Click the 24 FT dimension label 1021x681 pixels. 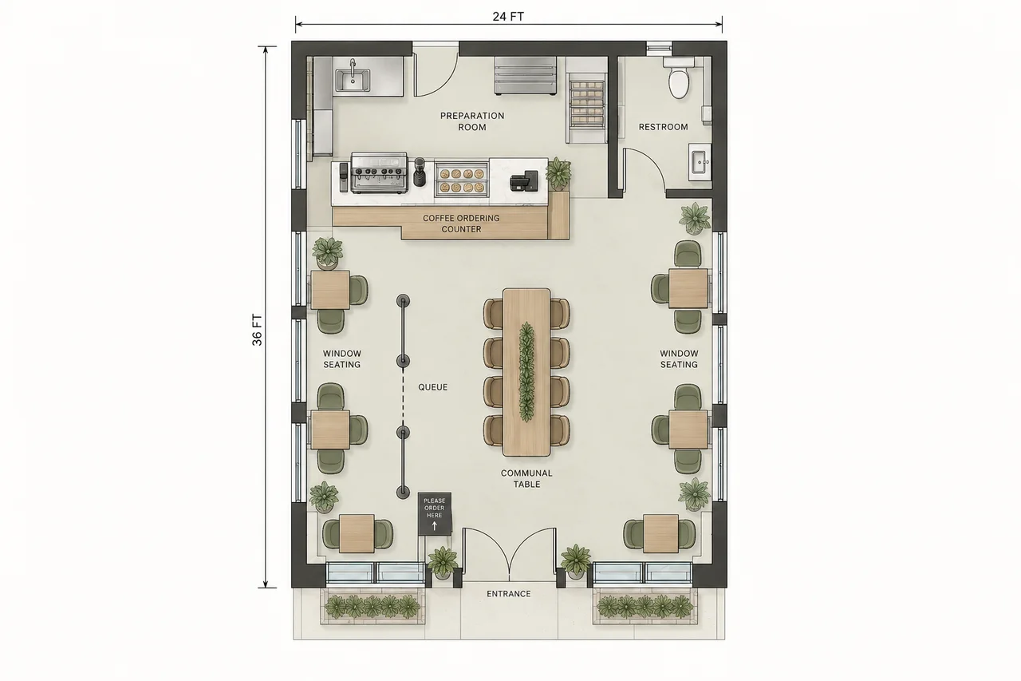click(508, 17)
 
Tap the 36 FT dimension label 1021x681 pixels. click(258, 330)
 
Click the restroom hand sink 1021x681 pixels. click(700, 161)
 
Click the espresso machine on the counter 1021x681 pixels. click(378, 173)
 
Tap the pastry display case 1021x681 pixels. click(461, 180)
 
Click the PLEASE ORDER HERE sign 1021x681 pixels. click(435, 513)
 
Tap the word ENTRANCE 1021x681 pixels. click(509, 594)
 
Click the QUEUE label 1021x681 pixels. click(433, 387)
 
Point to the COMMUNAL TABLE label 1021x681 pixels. click(527, 479)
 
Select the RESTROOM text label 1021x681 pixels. click(663, 127)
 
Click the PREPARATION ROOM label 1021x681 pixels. click(472, 121)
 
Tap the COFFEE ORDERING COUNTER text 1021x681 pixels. click(461, 224)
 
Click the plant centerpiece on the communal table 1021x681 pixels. click(526, 372)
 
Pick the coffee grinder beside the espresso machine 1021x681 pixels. click(419, 172)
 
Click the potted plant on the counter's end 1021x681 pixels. click(558, 173)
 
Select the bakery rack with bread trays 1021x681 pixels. click(586, 104)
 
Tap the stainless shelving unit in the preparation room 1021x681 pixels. click(526, 76)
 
